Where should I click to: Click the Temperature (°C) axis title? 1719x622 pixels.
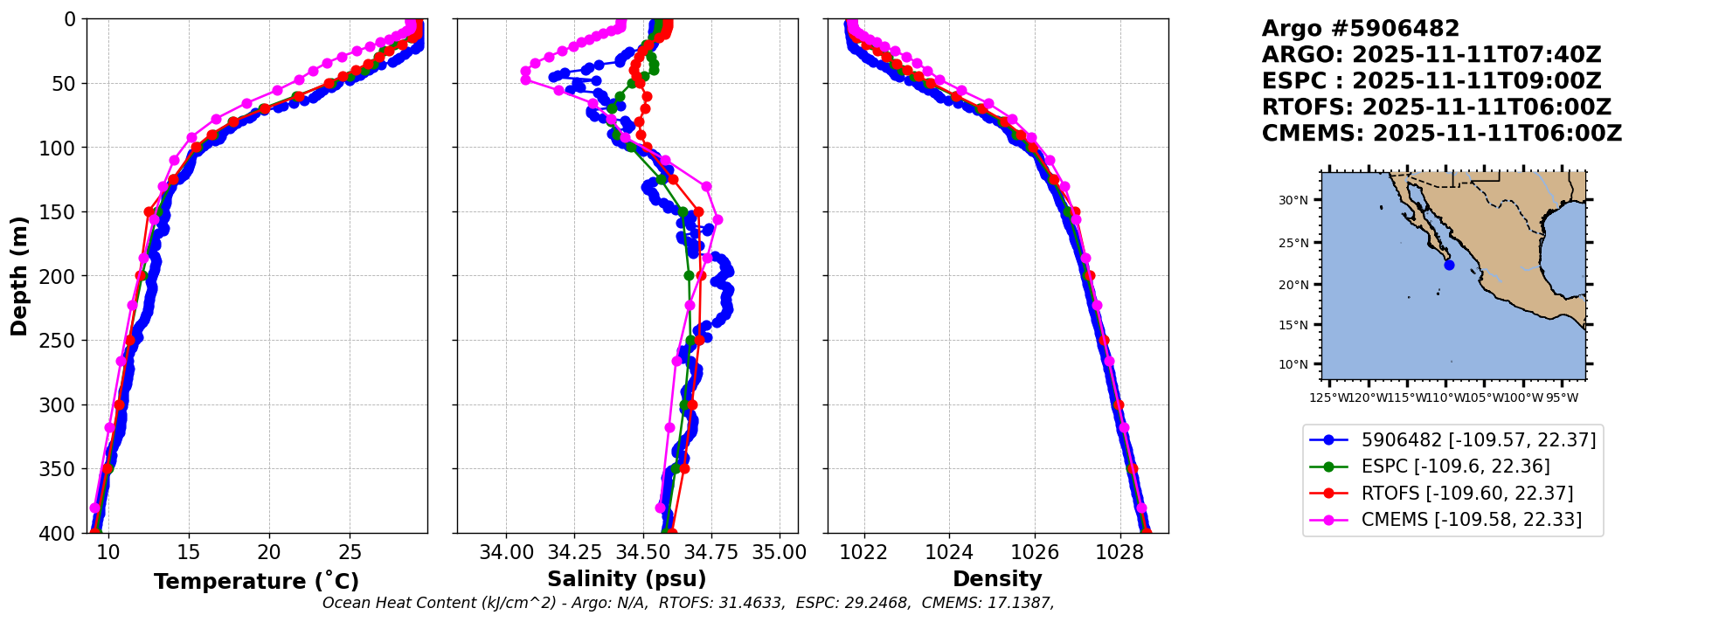point(256,582)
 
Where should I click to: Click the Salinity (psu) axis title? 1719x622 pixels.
point(627,579)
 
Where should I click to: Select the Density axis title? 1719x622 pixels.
point(997,579)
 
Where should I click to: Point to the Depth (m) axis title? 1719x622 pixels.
point(19,275)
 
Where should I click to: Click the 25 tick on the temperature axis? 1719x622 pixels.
point(350,552)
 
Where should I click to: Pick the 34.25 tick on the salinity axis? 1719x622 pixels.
point(574,552)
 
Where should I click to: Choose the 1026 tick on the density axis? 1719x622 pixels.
point(1035,552)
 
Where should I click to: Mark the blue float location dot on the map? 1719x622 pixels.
point(1449,265)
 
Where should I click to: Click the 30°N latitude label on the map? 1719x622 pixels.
point(1293,200)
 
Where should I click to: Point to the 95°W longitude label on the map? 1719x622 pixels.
point(1563,398)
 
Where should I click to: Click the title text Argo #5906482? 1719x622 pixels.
point(1360,29)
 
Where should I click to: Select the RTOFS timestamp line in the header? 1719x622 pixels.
point(1436,107)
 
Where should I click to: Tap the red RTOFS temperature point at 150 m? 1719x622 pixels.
point(149,211)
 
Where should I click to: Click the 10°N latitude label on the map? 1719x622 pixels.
point(1293,364)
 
